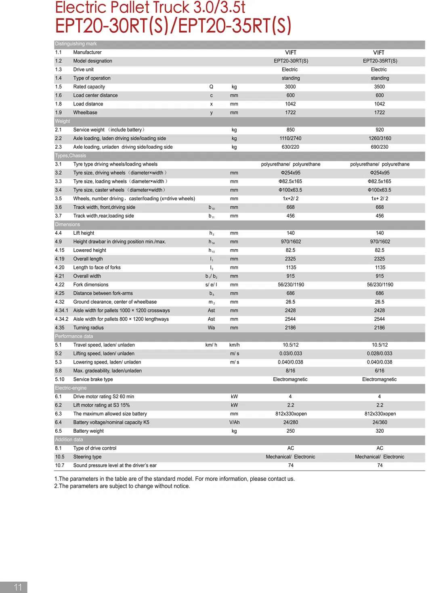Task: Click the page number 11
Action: point(18,587)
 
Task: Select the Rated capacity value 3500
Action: point(379,87)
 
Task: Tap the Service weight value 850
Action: point(290,130)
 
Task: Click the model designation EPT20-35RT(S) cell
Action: point(380,61)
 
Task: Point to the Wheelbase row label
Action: point(85,113)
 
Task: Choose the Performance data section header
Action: point(74,336)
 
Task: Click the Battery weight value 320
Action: point(379,431)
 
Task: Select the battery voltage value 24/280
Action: point(290,423)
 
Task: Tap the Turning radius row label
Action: point(88,328)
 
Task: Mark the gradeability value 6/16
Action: point(379,371)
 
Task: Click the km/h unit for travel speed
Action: point(234,345)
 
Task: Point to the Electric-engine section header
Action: point(71,388)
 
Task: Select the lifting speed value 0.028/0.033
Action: point(379,353)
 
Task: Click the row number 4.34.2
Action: point(62,319)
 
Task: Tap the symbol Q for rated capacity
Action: point(211,87)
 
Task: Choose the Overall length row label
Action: point(88,259)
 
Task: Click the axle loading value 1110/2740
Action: point(290,139)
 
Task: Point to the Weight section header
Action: point(63,121)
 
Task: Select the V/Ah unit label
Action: point(234,423)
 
